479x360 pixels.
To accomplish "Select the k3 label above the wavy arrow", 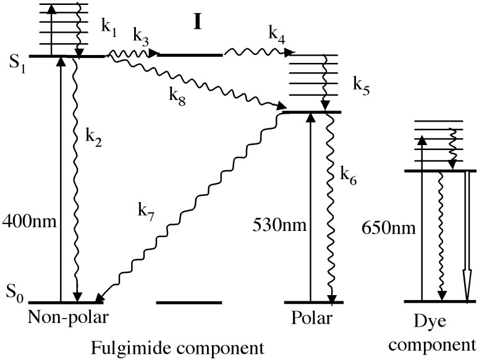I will (140, 39).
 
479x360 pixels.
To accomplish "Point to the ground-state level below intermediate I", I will (189, 303).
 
